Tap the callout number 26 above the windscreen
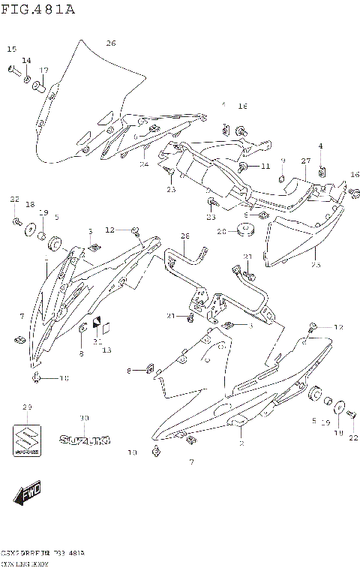(x=110, y=44)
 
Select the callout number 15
(x=11, y=49)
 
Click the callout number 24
(x=144, y=164)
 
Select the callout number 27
(x=306, y=161)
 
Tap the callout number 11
(x=265, y=165)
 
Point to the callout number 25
(x=316, y=265)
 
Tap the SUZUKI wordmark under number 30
(x=84, y=440)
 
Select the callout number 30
(x=84, y=417)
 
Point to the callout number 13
(x=106, y=350)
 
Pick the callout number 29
(x=27, y=407)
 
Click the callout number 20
(x=221, y=232)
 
